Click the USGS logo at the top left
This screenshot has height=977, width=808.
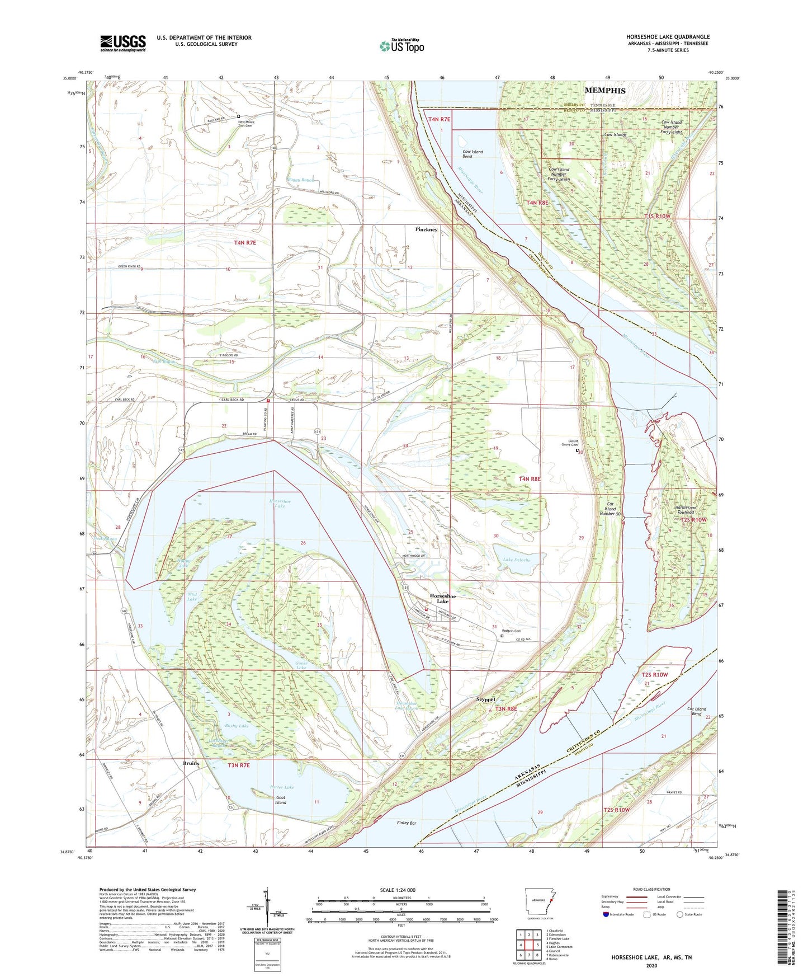coord(123,43)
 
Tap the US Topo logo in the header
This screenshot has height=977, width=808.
coord(401,46)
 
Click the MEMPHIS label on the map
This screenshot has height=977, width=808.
coord(605,91)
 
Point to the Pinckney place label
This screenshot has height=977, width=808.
coord(426,229)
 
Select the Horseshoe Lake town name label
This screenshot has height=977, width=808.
coord(443,599)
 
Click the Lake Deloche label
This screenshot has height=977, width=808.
coord(516,560)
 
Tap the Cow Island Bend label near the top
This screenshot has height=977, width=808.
coord(472,154)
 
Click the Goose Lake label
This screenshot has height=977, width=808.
coord(301,665)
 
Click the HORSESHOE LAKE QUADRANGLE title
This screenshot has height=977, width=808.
coord(668,37)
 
